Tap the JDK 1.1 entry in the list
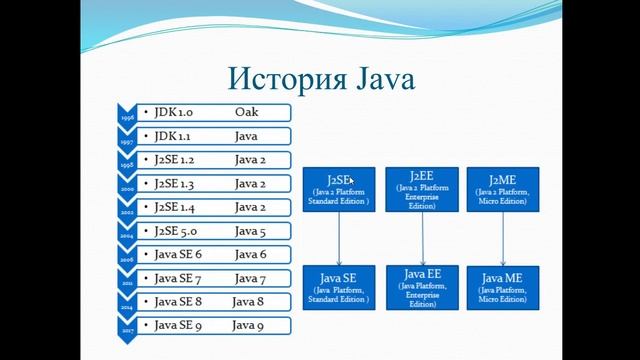point(176,135)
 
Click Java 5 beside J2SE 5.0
point(250,231)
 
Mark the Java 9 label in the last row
point(248,325)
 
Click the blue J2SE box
point(339,189)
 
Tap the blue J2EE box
point(423,189)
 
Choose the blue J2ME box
point(504,189)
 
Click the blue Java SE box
point(339,287)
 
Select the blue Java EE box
point(423,287)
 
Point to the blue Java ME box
point(504,287)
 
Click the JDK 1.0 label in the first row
point(176,112)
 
